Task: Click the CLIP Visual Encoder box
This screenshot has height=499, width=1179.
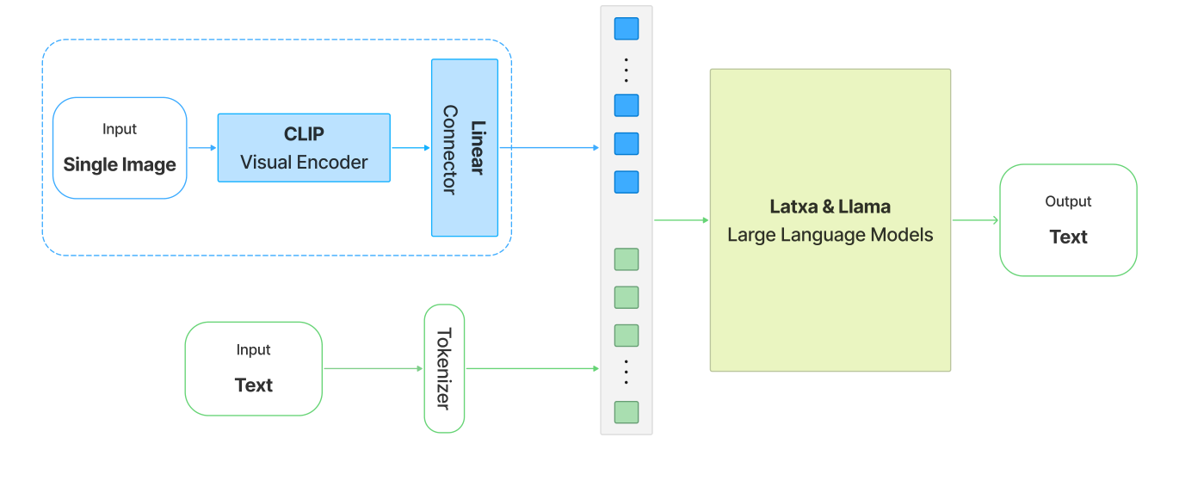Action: click(304, 148)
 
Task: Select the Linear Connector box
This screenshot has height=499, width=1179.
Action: click(465, 148)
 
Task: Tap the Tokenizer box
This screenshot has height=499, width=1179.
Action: click(444, 368)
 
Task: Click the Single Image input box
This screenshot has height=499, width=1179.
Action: click(120, 148)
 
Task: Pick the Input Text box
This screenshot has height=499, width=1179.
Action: click(253, 369)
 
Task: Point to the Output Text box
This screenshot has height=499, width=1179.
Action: click(1068, 220)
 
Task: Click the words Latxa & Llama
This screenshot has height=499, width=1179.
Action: click(830, 207)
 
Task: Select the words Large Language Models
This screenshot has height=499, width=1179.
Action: click(830, 235)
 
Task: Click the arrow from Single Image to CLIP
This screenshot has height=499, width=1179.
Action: click(202, 148)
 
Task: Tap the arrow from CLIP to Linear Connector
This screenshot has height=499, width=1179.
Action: click(410, 148)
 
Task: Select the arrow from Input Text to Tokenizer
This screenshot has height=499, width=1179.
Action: click(373, 369)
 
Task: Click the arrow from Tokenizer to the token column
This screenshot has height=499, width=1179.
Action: click(532, 369)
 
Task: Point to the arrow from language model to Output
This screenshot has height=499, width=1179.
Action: click(975, 220)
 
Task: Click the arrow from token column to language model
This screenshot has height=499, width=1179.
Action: click(681, 220)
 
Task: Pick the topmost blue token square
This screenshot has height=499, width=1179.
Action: click(627, 29)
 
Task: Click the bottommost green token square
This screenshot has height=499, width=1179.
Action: click(627, 412)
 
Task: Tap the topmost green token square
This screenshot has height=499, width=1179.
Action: click(627, 259)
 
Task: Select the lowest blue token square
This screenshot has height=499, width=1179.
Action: click(627, 182)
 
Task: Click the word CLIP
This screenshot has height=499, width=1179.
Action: click(304, 135)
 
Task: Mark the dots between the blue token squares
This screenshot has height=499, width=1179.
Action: click(627, 69)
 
